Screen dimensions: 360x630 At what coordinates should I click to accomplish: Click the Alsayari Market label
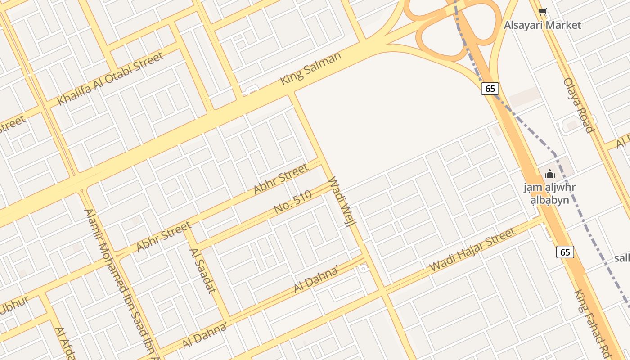tap(542, 25)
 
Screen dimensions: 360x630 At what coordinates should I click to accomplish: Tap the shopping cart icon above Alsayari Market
tap(543, 12)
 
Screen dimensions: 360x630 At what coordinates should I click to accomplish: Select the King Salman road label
tap(310, 68)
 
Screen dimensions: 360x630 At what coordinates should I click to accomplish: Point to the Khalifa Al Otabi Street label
tap(111, 79)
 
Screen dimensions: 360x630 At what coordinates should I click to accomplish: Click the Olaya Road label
tap(579, 105)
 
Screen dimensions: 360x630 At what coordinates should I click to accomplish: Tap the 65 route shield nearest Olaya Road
tap(490, 89)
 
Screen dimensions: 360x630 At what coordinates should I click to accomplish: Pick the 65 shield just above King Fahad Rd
tap(565, 252)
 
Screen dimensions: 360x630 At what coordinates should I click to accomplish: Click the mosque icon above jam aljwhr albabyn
tap(549, 174)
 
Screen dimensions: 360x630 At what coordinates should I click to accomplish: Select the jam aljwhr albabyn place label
tap(549, 193)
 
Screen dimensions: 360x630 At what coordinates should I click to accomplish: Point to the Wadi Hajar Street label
tap(472, 250)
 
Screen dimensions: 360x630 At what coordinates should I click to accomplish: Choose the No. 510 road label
tap(292, 202)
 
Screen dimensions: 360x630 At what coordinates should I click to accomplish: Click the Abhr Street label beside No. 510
tap(281, 179)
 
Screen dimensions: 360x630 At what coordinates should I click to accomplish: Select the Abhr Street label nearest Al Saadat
tap(164, 236)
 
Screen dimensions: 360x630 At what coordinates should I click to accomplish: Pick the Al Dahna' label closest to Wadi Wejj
tap(316, 279)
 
